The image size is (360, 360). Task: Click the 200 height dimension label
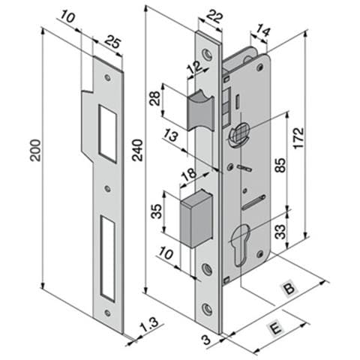(35, 150)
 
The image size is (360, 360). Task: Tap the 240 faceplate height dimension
(137, 150)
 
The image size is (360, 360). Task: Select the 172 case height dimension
(298, 138)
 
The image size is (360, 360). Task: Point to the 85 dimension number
(281, 165)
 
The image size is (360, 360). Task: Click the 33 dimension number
(281, 232)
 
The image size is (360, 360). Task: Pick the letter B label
(289, 289)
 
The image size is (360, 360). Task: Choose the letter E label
(276, 328)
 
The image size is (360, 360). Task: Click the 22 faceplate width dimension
(215, 17)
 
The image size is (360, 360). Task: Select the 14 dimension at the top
(263, 31)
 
